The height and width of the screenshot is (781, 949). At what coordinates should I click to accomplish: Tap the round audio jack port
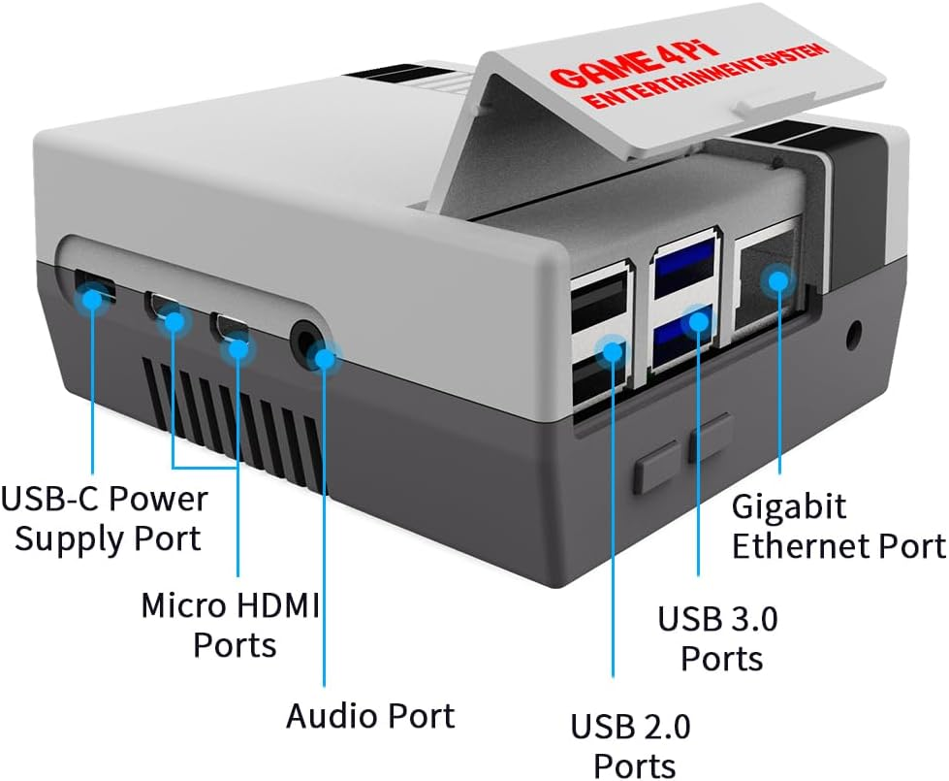pyautogui.click(x=308, y=342)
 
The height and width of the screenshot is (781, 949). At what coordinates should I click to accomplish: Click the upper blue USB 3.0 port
pyautogui.click(x=685, y=273)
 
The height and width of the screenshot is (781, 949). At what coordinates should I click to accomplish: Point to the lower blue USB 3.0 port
pyautogui.click(x=685, y=340)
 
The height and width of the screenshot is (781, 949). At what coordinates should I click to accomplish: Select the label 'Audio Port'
pyautogui.click(x=369, y=716)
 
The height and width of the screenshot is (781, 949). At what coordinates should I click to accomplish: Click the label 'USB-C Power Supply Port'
pyautogui.click(x=105, y=518)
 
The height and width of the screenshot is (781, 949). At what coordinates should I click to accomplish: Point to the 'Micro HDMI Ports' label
pyautogui.click(x=231, y=624)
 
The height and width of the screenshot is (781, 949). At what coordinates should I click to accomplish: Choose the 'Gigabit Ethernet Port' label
pyautogui.click(x=838, y=526)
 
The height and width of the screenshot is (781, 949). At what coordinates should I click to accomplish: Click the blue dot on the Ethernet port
pyautogui.click(x=775, y=281)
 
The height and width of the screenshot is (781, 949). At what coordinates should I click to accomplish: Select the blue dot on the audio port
pyautogui.click(x=324, y=359)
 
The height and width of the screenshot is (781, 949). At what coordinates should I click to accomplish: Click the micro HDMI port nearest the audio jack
pyautogui.click(x=232, y=330)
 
